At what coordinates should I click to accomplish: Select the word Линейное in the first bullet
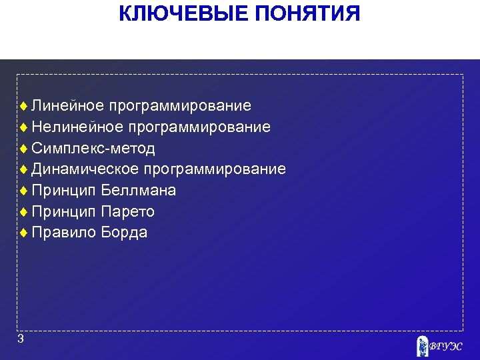coord(67,105)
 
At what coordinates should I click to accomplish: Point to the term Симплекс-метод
coord(93,148)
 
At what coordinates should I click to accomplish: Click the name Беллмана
coord(139,191)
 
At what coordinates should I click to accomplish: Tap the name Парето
coord(128,212)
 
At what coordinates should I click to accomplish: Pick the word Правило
coord(64,233)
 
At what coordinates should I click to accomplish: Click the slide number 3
coord(21,339)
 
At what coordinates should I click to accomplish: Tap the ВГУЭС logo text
coord(445,347)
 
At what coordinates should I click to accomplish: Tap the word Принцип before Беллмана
coord(64,191)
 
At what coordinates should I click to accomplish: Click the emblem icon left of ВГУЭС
coord(421,346)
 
